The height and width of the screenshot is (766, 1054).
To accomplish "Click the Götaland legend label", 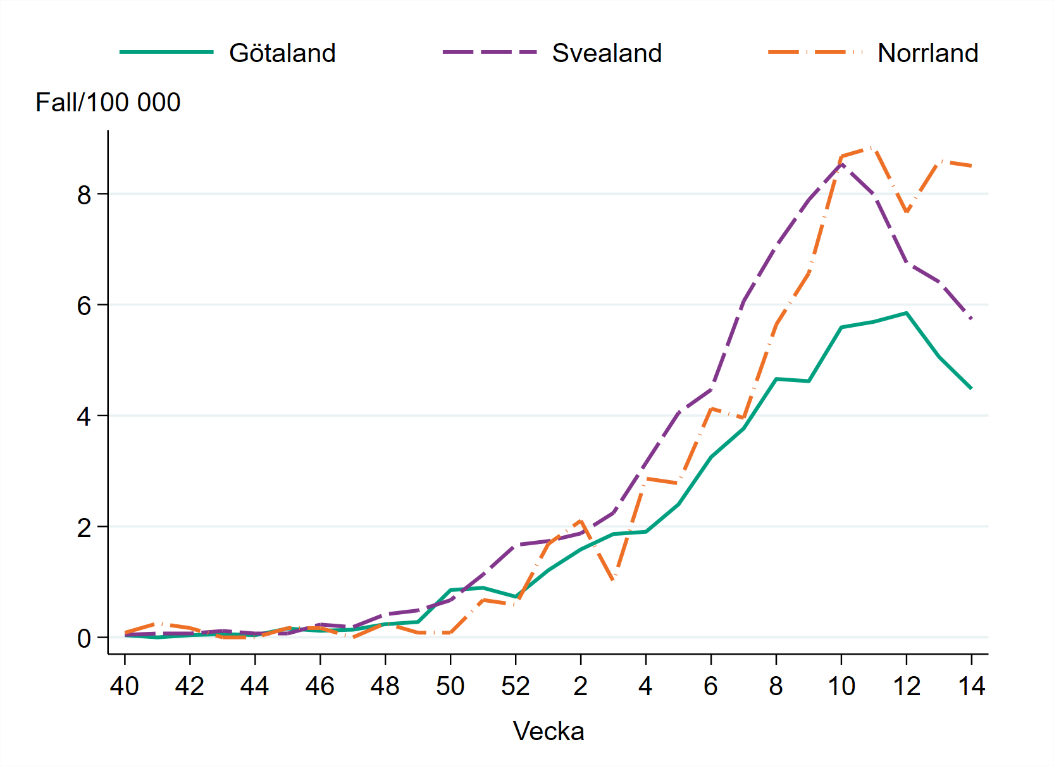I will (282, 53).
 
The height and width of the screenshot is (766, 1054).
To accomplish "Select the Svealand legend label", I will (607, 53).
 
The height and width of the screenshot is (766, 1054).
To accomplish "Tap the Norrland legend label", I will (927, 53).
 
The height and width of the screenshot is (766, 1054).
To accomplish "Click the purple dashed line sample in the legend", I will (490, 52).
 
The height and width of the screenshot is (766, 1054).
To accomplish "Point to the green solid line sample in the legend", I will (166, 52).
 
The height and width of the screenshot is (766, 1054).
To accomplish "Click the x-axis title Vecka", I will (549, 731).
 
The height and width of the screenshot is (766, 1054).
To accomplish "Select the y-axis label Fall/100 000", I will (108, 102).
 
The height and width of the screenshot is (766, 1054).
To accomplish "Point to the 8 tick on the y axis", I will (84, 195).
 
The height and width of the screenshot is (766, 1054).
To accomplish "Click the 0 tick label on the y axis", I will (84, 638).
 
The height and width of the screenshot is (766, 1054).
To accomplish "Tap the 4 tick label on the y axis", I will (84, 416).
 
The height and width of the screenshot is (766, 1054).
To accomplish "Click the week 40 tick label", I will (125, 686).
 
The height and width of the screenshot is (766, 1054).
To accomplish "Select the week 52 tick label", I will (516, 686).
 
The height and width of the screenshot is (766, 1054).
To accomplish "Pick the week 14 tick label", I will (971, 686).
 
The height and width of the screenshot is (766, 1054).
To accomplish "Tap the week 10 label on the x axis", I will (841, 686).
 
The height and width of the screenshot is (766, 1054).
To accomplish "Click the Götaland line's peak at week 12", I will (906, 312).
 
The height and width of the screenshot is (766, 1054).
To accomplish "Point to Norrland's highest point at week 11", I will (874, 147).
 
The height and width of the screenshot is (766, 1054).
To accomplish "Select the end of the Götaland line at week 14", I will (971, 388).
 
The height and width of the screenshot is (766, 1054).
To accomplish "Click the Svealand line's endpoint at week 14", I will (971, 319).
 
